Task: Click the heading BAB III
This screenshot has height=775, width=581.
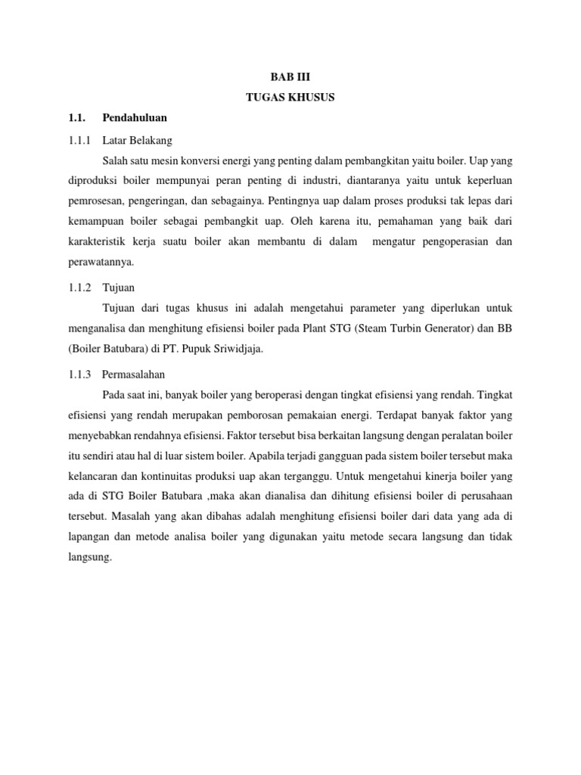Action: tap(290, 77)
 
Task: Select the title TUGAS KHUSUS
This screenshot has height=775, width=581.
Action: tap(290, 98)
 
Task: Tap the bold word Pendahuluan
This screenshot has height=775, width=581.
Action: tap(135, 118)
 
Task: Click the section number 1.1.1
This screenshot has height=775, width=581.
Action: tap(79, 140)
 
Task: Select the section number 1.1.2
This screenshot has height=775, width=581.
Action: tap(79, 288)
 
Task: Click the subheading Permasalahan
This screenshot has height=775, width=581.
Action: tap(134, 374)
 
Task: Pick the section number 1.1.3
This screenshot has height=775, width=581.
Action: tap(79, 374)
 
